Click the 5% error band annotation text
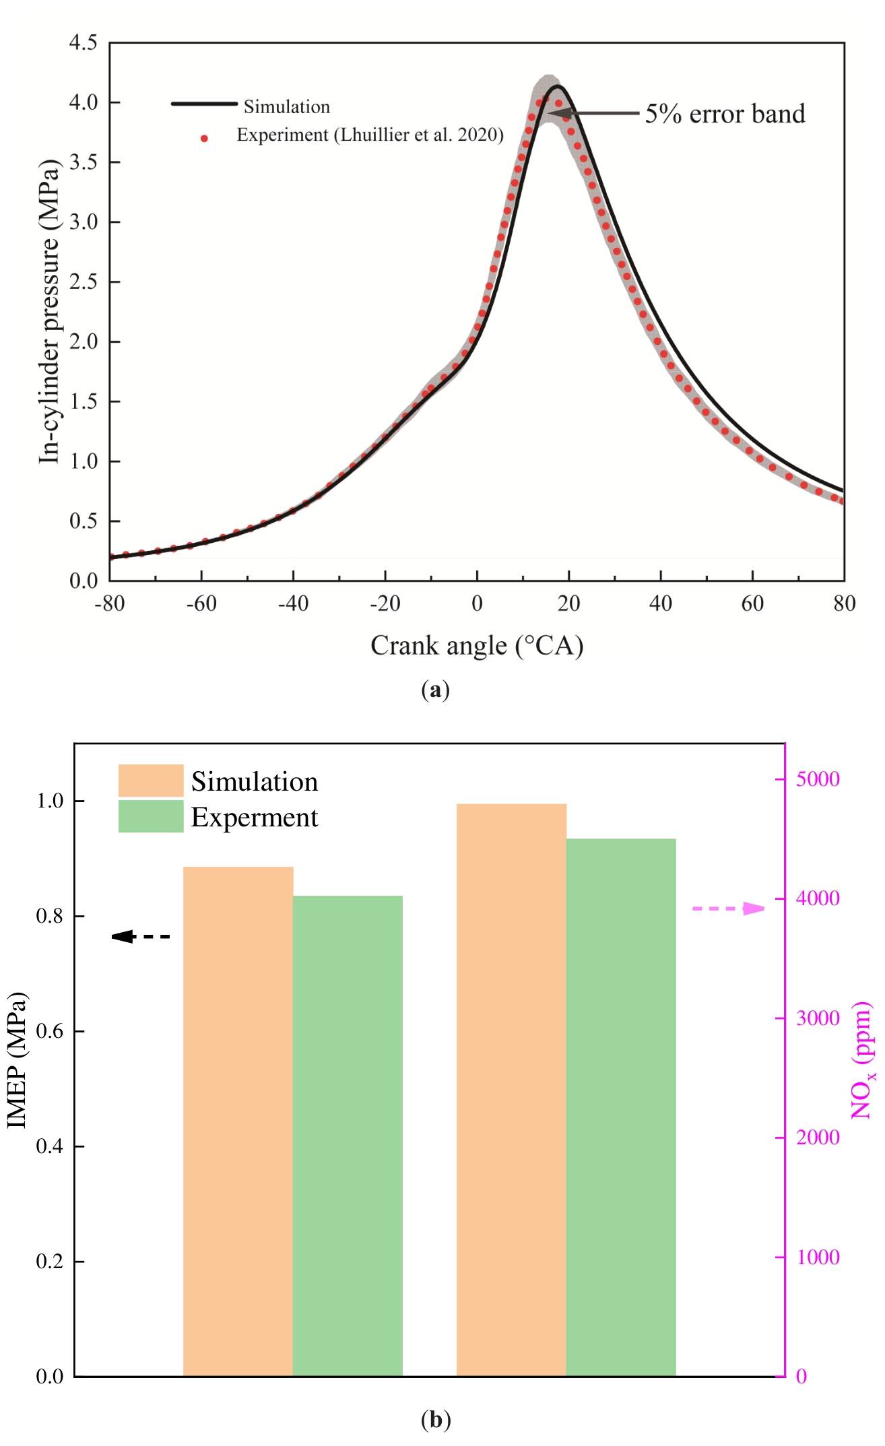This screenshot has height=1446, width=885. point(725,114)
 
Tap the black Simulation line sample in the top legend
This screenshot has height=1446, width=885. point(204,104)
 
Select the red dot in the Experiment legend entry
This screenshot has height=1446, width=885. point(204,139)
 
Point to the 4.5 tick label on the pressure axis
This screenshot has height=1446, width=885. point(84,43)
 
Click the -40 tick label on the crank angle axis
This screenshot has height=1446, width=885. point(293,603)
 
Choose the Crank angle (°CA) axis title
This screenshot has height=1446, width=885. point(477,645)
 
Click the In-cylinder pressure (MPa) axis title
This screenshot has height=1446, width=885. point(49,311)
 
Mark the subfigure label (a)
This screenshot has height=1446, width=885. point(435,690)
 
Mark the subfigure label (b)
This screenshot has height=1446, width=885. point(435,1420)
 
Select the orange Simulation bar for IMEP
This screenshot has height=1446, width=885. point(238,1121)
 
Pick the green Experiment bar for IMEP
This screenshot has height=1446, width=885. point(348,1136)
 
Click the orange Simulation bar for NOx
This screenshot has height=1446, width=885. point(511,1090)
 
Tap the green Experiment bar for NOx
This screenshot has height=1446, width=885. point(621,1107)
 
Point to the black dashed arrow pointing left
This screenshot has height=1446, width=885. point(141,936)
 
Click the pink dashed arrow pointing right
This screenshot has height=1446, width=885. point(729,909)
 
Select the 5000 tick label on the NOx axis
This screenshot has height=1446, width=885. point(818,779)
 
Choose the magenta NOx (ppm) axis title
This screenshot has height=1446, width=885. point(862,1060)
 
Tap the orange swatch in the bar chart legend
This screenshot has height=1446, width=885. point(151,781)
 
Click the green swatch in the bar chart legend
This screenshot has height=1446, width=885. point(151,816)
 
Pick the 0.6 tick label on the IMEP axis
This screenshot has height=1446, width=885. point(50,1031)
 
